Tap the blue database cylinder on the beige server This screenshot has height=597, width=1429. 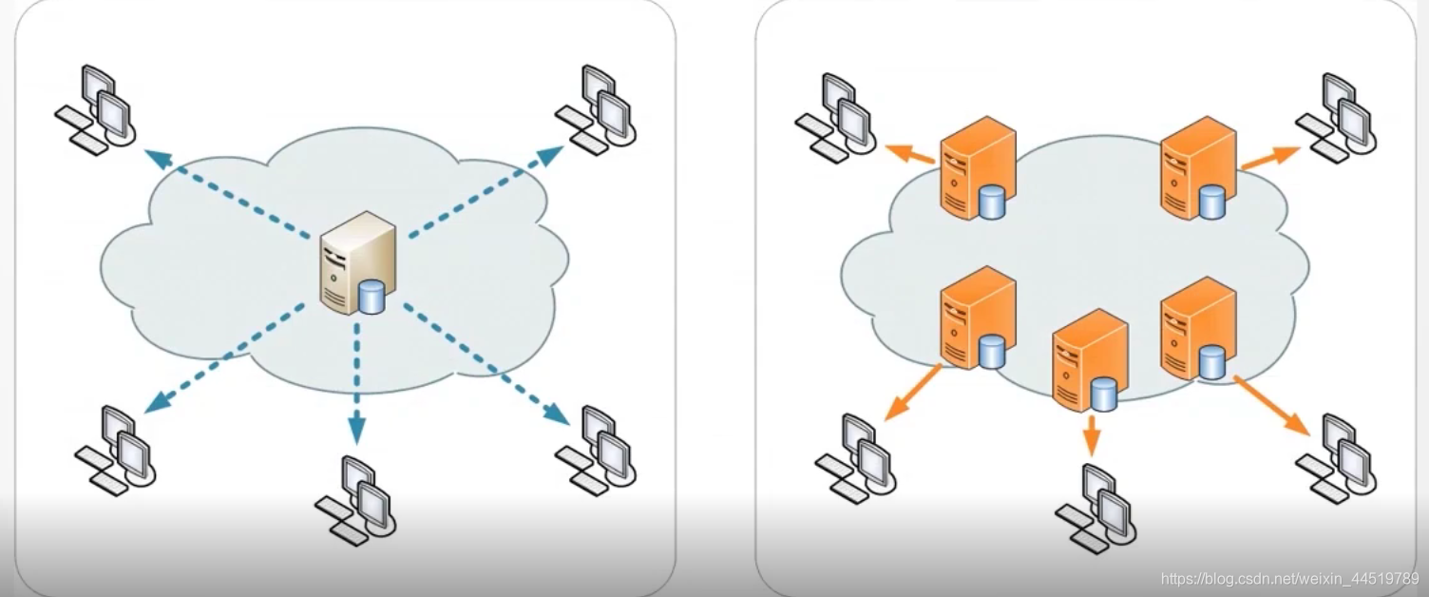pos(372,297)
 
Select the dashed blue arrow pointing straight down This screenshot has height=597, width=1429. pos(356,381)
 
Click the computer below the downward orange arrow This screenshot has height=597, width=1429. pos(1096,508)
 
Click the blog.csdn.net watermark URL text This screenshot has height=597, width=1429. pos(1288,578)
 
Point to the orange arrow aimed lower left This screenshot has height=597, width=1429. pos(913,391)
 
